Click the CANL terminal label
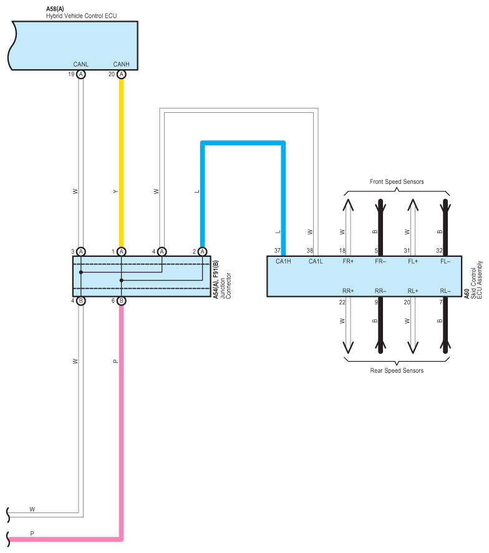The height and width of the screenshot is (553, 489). point(80,64)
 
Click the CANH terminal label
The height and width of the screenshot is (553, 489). point(121,64)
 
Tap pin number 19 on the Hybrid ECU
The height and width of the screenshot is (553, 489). point(71,74)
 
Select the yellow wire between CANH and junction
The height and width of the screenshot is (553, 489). point(121,162)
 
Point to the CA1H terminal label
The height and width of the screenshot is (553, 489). point(283,261)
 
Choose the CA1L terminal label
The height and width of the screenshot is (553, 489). point(316,261)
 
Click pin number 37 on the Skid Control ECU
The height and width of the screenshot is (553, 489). point(277,251)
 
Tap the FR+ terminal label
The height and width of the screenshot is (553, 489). point(348,261)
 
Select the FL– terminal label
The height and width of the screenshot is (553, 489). point(445,261)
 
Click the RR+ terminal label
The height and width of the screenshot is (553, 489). point(348,291)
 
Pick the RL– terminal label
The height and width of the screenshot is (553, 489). point(445,291)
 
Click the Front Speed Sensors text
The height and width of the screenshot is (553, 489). point(397,181)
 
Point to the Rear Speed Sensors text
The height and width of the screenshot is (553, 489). point(397,370)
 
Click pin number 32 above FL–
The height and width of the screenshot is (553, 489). point(439,251)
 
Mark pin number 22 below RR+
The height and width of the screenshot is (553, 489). point(342,302)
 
